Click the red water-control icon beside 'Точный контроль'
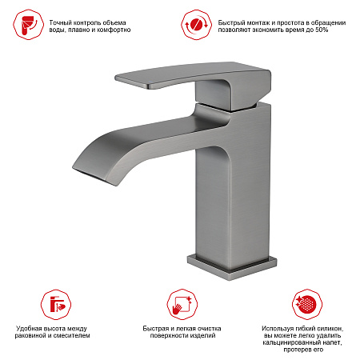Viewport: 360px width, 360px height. (28, 25)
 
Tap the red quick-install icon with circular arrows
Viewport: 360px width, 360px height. (196, 25)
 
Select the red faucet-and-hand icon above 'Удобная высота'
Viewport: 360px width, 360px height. (56, 305)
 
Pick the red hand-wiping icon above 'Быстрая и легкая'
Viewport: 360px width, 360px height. (182, 305)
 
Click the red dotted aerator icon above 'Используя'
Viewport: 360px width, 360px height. (307, 305)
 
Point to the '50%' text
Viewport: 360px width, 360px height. (322, 30)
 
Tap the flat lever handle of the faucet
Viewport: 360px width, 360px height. (193, 75)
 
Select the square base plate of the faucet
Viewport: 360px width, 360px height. (232, 266)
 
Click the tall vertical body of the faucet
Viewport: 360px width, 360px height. (233, 186)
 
